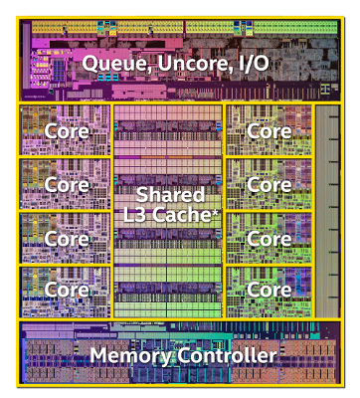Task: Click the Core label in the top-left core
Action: point(66,130)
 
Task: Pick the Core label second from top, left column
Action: point(66,184)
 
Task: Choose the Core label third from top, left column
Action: point(66,238)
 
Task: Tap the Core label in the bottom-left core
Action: point(66,291)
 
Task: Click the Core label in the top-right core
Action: point(270,130)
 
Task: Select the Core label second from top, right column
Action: point(270,184)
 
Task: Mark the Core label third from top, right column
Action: point(270,238)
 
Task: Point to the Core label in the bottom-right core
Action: point(270,291)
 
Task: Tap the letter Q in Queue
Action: point(90,65)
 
